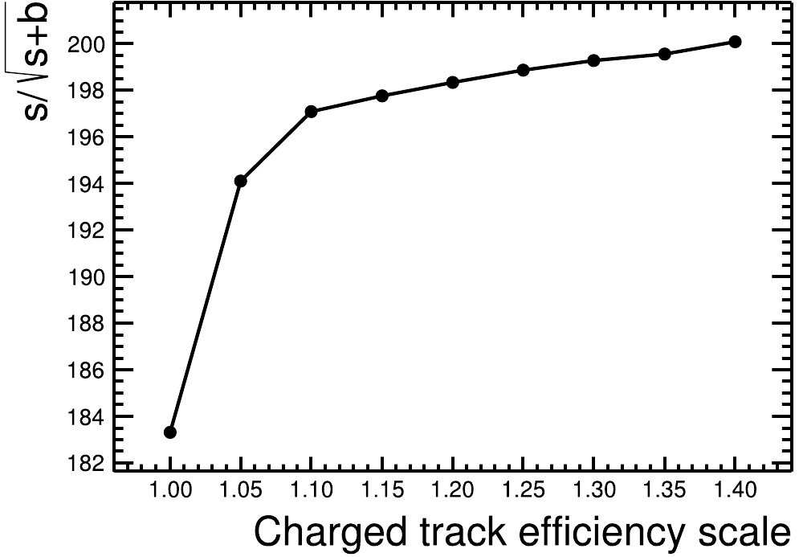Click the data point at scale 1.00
(170, 432)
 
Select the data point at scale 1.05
(240, 181)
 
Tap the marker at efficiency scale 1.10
(312, 112)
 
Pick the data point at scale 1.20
(453, 82)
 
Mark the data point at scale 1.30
(594, 60)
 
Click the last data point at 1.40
(735, 42)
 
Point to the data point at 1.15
(382, 96)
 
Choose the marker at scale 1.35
(665, 54)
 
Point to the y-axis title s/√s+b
(36, 61)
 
